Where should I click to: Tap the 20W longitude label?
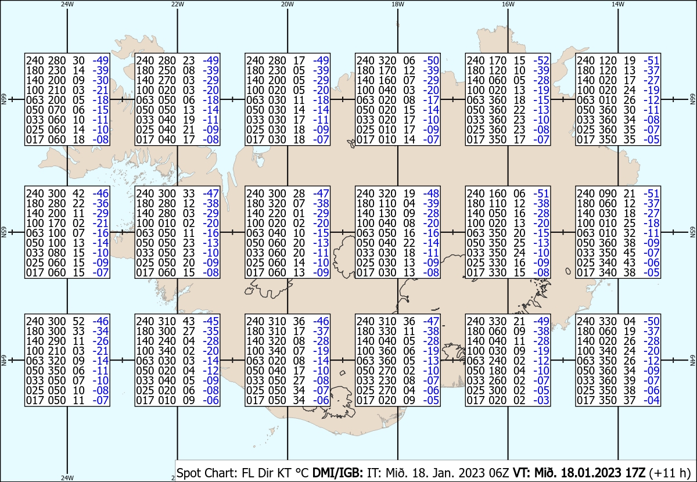coord(287,4)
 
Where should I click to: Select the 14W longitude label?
coord(617,4)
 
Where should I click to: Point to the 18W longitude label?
coord(397,4)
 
